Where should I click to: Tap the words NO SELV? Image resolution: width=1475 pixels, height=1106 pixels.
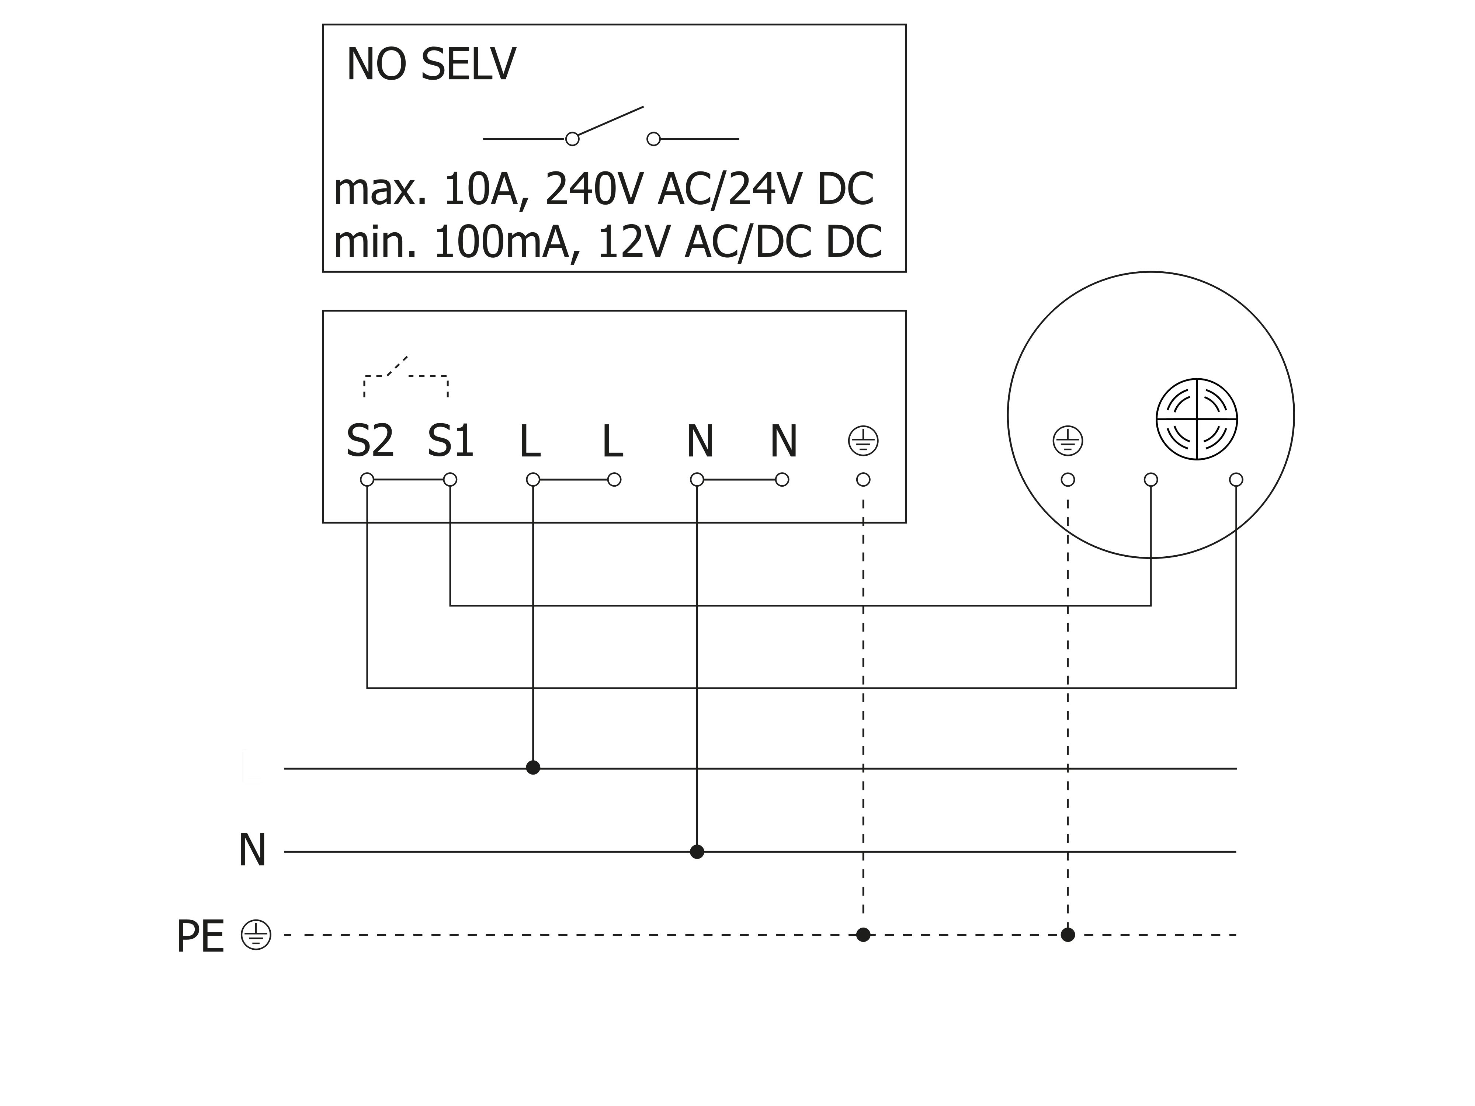click(431, 65)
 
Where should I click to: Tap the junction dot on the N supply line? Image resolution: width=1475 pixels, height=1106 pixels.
click(697, 851)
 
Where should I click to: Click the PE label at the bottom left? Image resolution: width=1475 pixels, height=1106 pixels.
click(200, 937)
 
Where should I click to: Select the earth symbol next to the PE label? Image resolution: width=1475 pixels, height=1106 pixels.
click(256, 935)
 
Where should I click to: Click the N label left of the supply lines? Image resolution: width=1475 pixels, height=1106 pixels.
click(252, 851)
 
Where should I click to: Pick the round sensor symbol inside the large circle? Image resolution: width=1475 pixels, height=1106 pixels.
click(1197, 419)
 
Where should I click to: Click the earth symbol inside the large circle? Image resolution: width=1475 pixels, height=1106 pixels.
click(1068, 441)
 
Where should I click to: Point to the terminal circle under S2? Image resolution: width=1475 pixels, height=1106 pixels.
click(367, 479)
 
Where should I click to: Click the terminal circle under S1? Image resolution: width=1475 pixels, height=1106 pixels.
click(450, 479)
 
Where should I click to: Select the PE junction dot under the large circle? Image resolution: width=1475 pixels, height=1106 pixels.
click(1068, 935)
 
